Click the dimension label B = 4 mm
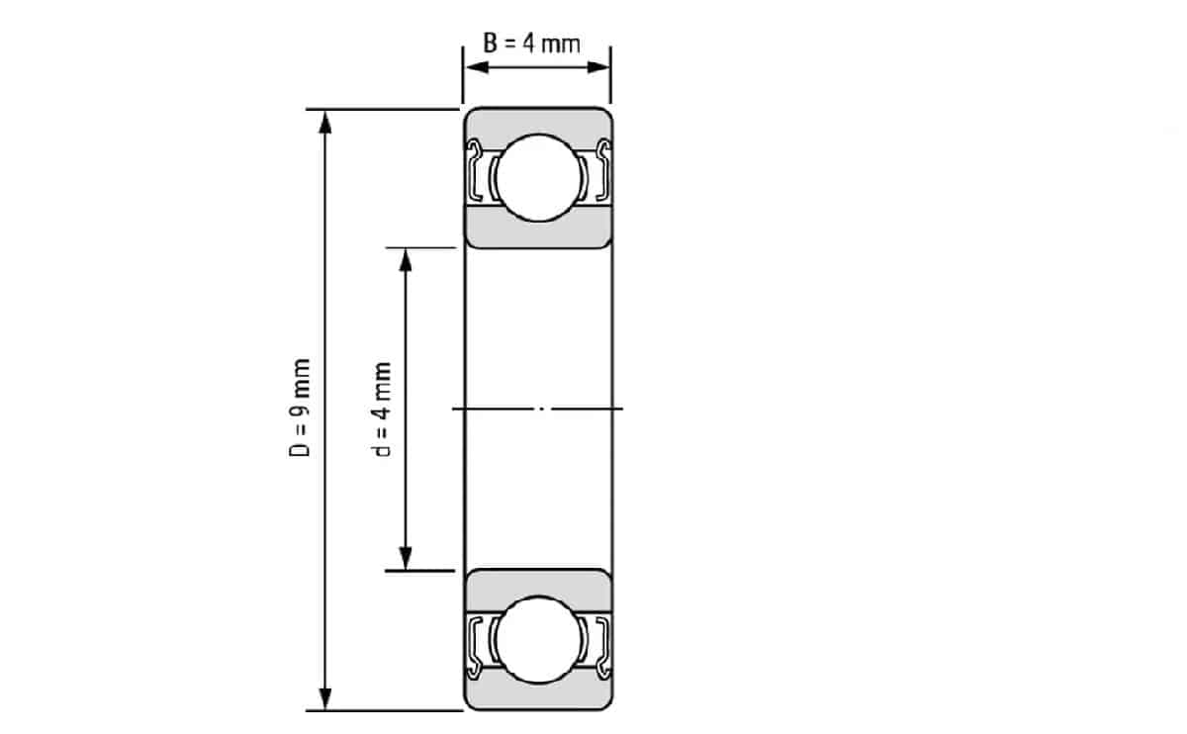[531, 44]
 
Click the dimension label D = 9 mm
[300, 408]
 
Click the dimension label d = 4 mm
[382, 410]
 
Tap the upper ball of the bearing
[538, 177]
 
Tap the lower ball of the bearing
[538, 640]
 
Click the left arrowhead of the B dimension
[477, 67]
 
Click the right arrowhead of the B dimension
[598, 67]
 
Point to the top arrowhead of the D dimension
[325, 123]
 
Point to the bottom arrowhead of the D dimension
[325, 698]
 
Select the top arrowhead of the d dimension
[406, 261]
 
